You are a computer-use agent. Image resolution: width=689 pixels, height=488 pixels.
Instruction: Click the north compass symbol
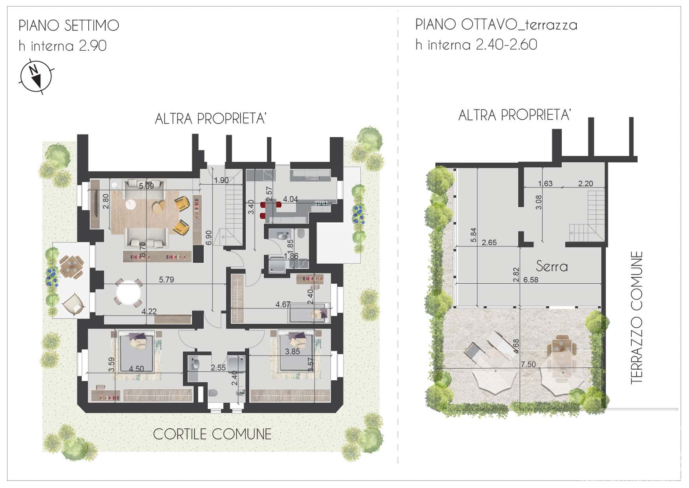36,77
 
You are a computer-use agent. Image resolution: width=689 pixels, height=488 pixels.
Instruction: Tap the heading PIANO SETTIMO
69,26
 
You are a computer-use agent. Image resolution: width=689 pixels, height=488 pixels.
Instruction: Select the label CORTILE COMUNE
212,434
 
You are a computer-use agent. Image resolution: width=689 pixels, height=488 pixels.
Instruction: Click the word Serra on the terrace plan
552,266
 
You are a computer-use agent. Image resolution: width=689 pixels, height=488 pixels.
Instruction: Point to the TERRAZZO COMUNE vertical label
637,318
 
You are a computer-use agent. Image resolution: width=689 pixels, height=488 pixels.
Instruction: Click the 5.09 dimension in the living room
146,186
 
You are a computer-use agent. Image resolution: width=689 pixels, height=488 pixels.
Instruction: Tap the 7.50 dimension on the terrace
528,364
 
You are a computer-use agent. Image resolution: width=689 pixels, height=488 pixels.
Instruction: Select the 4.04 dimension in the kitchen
291,199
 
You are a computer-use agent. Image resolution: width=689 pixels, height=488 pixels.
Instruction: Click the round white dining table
128,292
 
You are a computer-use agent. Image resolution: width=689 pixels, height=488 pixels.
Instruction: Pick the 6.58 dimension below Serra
531,280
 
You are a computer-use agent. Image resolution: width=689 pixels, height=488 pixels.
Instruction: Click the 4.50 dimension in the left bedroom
137,369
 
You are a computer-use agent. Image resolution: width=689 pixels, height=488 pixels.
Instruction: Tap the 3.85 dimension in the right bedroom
292,352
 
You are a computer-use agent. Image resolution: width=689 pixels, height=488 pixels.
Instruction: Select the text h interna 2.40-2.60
476,44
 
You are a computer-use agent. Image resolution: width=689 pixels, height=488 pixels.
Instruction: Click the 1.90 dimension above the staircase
221,180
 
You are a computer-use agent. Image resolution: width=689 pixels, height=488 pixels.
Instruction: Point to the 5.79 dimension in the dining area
166,280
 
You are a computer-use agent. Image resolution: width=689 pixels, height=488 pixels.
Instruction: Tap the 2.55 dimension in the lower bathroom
218,368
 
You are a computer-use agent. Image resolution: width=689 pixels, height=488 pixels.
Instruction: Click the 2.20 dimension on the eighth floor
586,183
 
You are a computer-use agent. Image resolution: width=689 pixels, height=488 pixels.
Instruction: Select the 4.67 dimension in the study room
283,305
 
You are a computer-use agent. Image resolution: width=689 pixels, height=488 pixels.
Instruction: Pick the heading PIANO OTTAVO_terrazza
496,25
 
